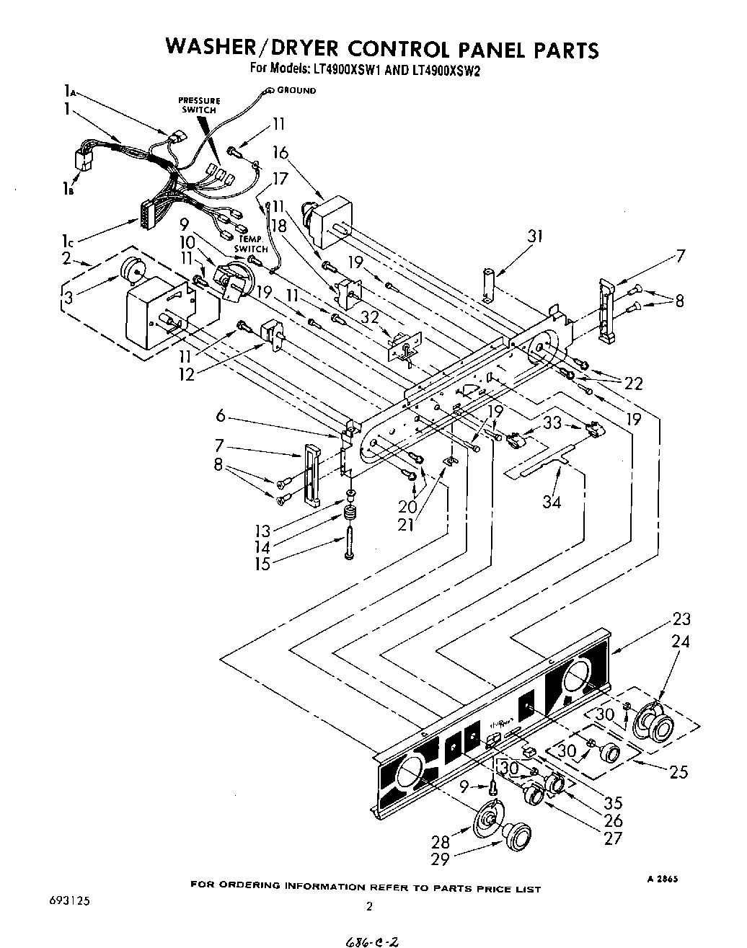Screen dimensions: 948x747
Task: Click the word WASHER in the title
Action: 216,48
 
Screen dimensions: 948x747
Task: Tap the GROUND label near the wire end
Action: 296,91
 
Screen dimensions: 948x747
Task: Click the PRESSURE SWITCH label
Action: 199,105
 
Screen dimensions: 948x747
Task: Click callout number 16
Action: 280,153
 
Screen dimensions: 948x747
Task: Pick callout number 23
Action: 681,619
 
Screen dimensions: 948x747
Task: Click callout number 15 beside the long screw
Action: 262,563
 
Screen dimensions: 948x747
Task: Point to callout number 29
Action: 439,858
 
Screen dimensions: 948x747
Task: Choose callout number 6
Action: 221,416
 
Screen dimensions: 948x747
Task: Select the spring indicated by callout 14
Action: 350,516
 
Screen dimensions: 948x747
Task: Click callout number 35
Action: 614,802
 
